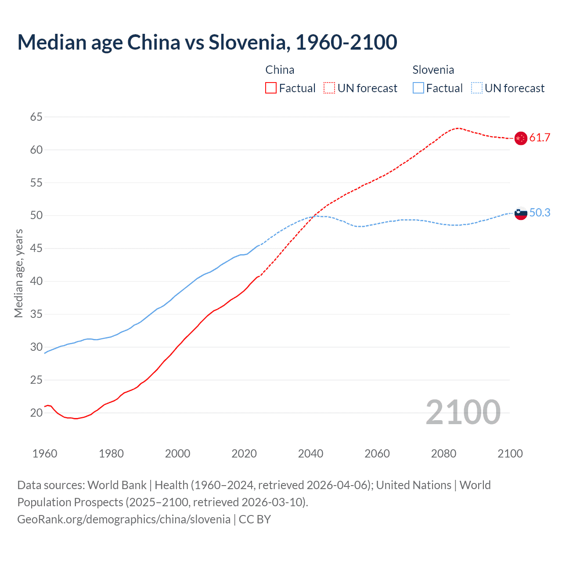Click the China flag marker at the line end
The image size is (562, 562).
520,138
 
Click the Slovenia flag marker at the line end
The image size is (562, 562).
520,213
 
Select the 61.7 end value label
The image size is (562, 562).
540,138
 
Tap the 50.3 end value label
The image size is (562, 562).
540,213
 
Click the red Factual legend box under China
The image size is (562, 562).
271,88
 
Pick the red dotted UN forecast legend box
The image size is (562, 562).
329,88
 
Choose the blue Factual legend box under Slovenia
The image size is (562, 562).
418,88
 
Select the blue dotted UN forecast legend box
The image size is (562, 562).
477,88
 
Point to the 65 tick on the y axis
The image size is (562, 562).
36,117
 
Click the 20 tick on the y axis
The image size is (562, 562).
36,413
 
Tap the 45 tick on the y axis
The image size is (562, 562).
36,249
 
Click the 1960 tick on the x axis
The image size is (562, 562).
45,454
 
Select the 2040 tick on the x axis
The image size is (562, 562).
310,454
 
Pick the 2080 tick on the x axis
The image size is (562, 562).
443,454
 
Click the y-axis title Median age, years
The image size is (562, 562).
18,273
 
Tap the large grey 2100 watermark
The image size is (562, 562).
463,412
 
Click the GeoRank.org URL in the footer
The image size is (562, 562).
124,519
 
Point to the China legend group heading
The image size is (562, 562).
280,70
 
